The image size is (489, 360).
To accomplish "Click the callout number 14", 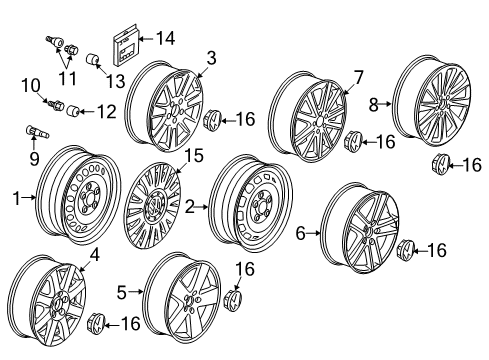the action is click(x=165, y=38).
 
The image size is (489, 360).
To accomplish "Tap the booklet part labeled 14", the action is click(x=125, y=45).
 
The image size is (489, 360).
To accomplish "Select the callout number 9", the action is click(x=34, y=158).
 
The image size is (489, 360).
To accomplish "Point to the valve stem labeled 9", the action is click(x=37, y=132).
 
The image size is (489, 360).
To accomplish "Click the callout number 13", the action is click(x=115, y=81).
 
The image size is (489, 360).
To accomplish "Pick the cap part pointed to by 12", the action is click(x=73, y=110).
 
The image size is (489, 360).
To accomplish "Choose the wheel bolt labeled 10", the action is click(x=56, y=105).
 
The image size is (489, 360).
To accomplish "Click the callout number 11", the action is click(x=67, y=78).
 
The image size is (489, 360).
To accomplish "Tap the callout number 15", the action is click(x=194, y=156).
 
